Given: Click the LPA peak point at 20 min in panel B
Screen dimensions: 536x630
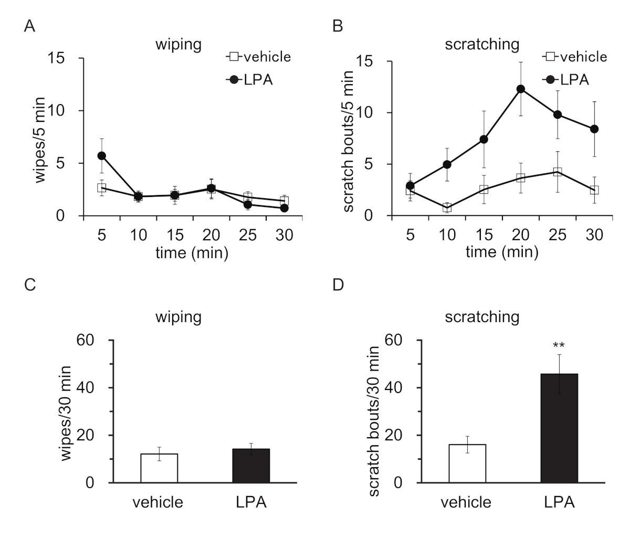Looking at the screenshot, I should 520,89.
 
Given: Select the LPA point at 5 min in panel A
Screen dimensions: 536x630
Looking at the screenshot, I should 101,156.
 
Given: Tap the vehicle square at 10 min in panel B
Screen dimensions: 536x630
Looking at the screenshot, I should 447,208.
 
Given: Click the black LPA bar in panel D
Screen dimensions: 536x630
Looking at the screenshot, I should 559,428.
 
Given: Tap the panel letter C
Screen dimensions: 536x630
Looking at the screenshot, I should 30,285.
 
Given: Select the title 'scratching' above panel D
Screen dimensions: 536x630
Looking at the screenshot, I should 481,317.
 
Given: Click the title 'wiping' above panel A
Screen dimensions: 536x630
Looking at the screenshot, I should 178,45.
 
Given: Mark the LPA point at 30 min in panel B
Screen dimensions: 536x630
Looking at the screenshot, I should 594,129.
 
